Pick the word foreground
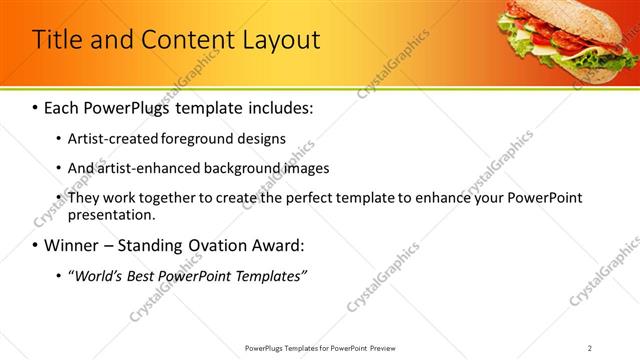191,138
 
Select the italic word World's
97,276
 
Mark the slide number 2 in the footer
590,347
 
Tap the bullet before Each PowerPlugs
36,106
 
